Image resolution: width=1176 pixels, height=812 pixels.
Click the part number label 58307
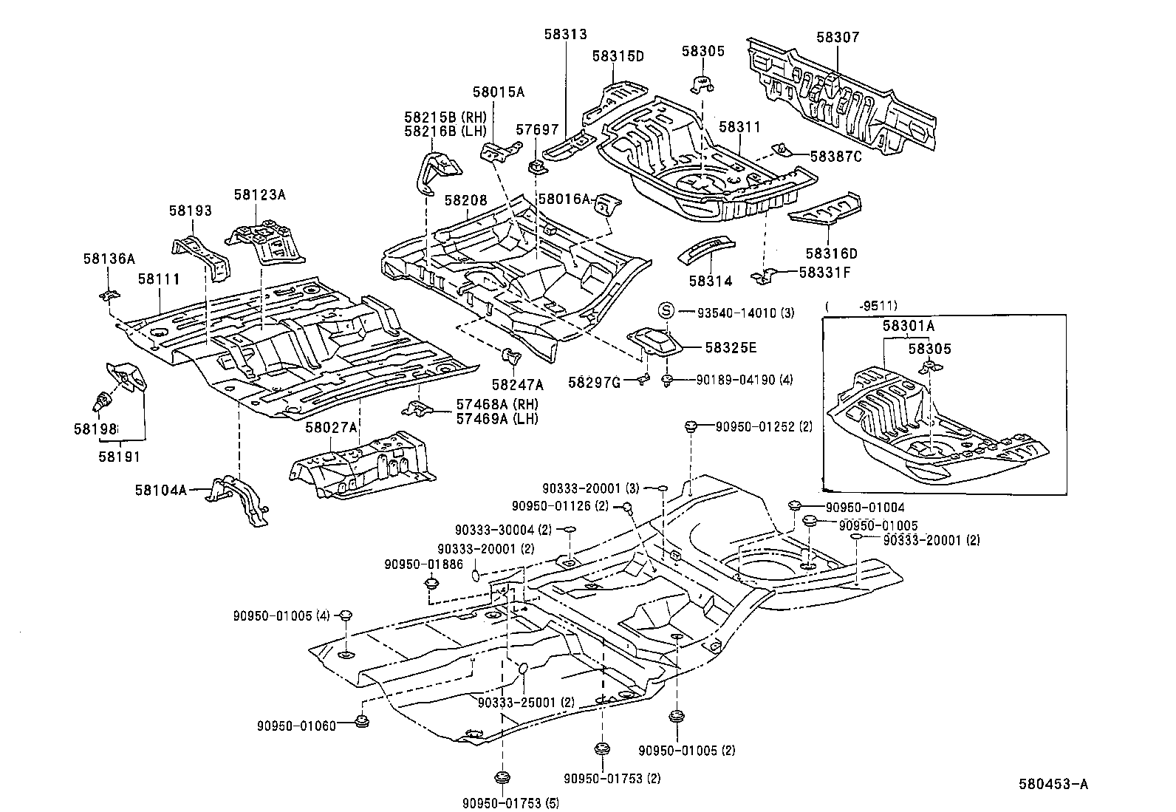pyautogui.click(x=838, y=37)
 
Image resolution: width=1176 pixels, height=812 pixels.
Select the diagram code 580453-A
pyautogui.click(x=1053, y=785)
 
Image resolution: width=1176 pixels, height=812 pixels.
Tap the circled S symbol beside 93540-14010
pyautogui.click(x=664, y=311)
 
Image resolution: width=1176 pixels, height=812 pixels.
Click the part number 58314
pyautogui.click(x=710, y=281)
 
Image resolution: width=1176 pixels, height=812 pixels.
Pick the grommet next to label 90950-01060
pyautogui.click(x=361, y=721)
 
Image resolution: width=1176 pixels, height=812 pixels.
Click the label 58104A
pyautogui.click(x=160, y=489)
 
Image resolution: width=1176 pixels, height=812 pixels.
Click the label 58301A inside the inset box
pyautogui.click(x=907, y=326)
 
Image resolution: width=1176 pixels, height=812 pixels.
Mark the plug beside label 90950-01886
pyautogui.click(x=431, y=584)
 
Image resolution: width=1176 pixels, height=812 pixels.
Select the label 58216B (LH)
pyautogui.click(x=445, y=131)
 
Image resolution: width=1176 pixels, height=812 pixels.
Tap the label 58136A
pyautogui.click(x=109, y=259)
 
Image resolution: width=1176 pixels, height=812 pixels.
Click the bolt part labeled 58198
pyautogui.click(x=100, y=403)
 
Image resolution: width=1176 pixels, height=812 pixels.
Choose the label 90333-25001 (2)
pyautogui.click(x=526, y=702)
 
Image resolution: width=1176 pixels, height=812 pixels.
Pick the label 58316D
pyautogui.click(x=831, y=253)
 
